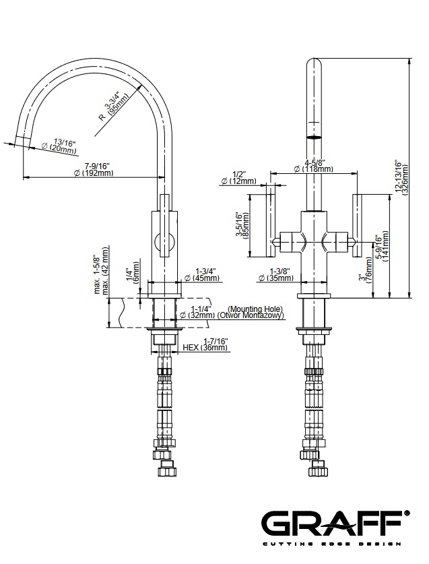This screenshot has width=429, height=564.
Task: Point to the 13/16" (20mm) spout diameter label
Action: click(x=60, y=146)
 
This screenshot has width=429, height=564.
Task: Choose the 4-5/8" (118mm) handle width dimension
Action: click(x=314, y=166)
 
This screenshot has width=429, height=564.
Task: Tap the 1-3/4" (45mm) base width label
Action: click(x=206, y=274)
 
